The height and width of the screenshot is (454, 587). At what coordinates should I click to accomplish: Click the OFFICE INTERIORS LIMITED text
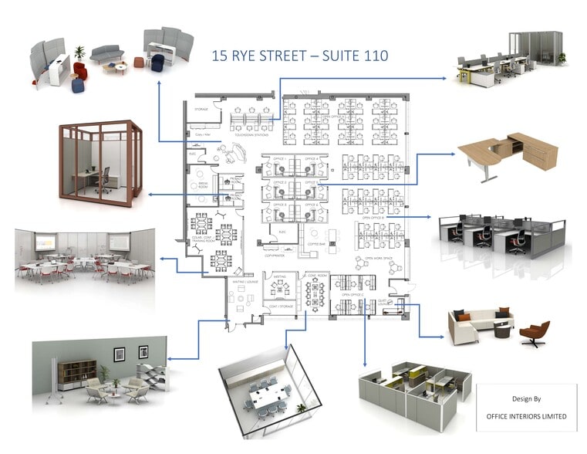(x=527, y=416)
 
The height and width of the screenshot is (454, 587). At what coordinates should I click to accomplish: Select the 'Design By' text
(x=528, y=399)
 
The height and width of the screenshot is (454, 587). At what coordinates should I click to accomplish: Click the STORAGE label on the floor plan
(x=201, y=110)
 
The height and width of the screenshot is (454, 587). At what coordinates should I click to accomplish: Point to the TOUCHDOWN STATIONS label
(x=255, y=134)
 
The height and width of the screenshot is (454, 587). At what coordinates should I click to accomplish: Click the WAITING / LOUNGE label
(x=245, y=283)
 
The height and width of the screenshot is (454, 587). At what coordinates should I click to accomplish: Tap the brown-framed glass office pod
(x=101, y=160)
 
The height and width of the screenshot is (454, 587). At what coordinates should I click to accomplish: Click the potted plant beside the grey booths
(x=79, y=53)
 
